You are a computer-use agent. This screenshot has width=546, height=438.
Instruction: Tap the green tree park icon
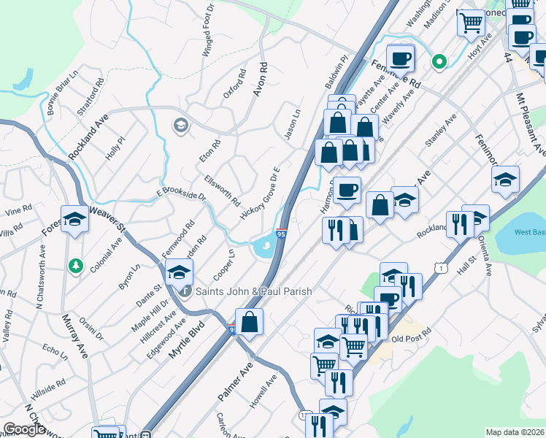click(73, 264)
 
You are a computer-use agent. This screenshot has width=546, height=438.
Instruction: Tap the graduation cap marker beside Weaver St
click(74, 219)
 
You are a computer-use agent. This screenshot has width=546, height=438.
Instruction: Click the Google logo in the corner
click(24, 429)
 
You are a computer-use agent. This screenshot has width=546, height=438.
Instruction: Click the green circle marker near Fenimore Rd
click(439, 62)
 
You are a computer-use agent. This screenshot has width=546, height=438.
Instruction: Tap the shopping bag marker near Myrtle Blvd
click(249, 322)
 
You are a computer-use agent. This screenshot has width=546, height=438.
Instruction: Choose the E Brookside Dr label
click(181, 193)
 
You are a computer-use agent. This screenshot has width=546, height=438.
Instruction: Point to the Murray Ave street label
click(75, 337)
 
